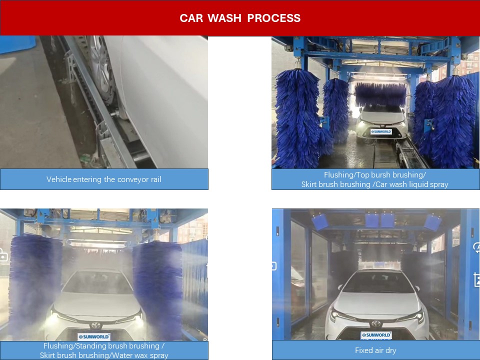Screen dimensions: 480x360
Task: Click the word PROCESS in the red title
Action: point(273,18)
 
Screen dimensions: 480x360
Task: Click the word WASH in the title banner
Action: point(224,18)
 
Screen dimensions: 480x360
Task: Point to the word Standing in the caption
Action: point(89,346)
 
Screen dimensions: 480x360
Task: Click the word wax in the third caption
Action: point(138,355)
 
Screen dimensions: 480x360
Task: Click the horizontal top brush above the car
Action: point(380,94)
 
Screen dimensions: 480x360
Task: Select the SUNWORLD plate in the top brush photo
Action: point(381,131)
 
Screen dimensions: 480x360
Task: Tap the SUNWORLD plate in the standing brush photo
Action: point(94,336)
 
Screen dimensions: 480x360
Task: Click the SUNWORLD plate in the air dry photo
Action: point(376,335)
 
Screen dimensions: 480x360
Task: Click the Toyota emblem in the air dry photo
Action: point(376,323)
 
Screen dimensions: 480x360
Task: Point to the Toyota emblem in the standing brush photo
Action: point(96,325)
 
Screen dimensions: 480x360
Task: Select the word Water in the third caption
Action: point(121,355)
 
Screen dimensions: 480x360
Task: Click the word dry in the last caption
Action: point(391,350)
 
